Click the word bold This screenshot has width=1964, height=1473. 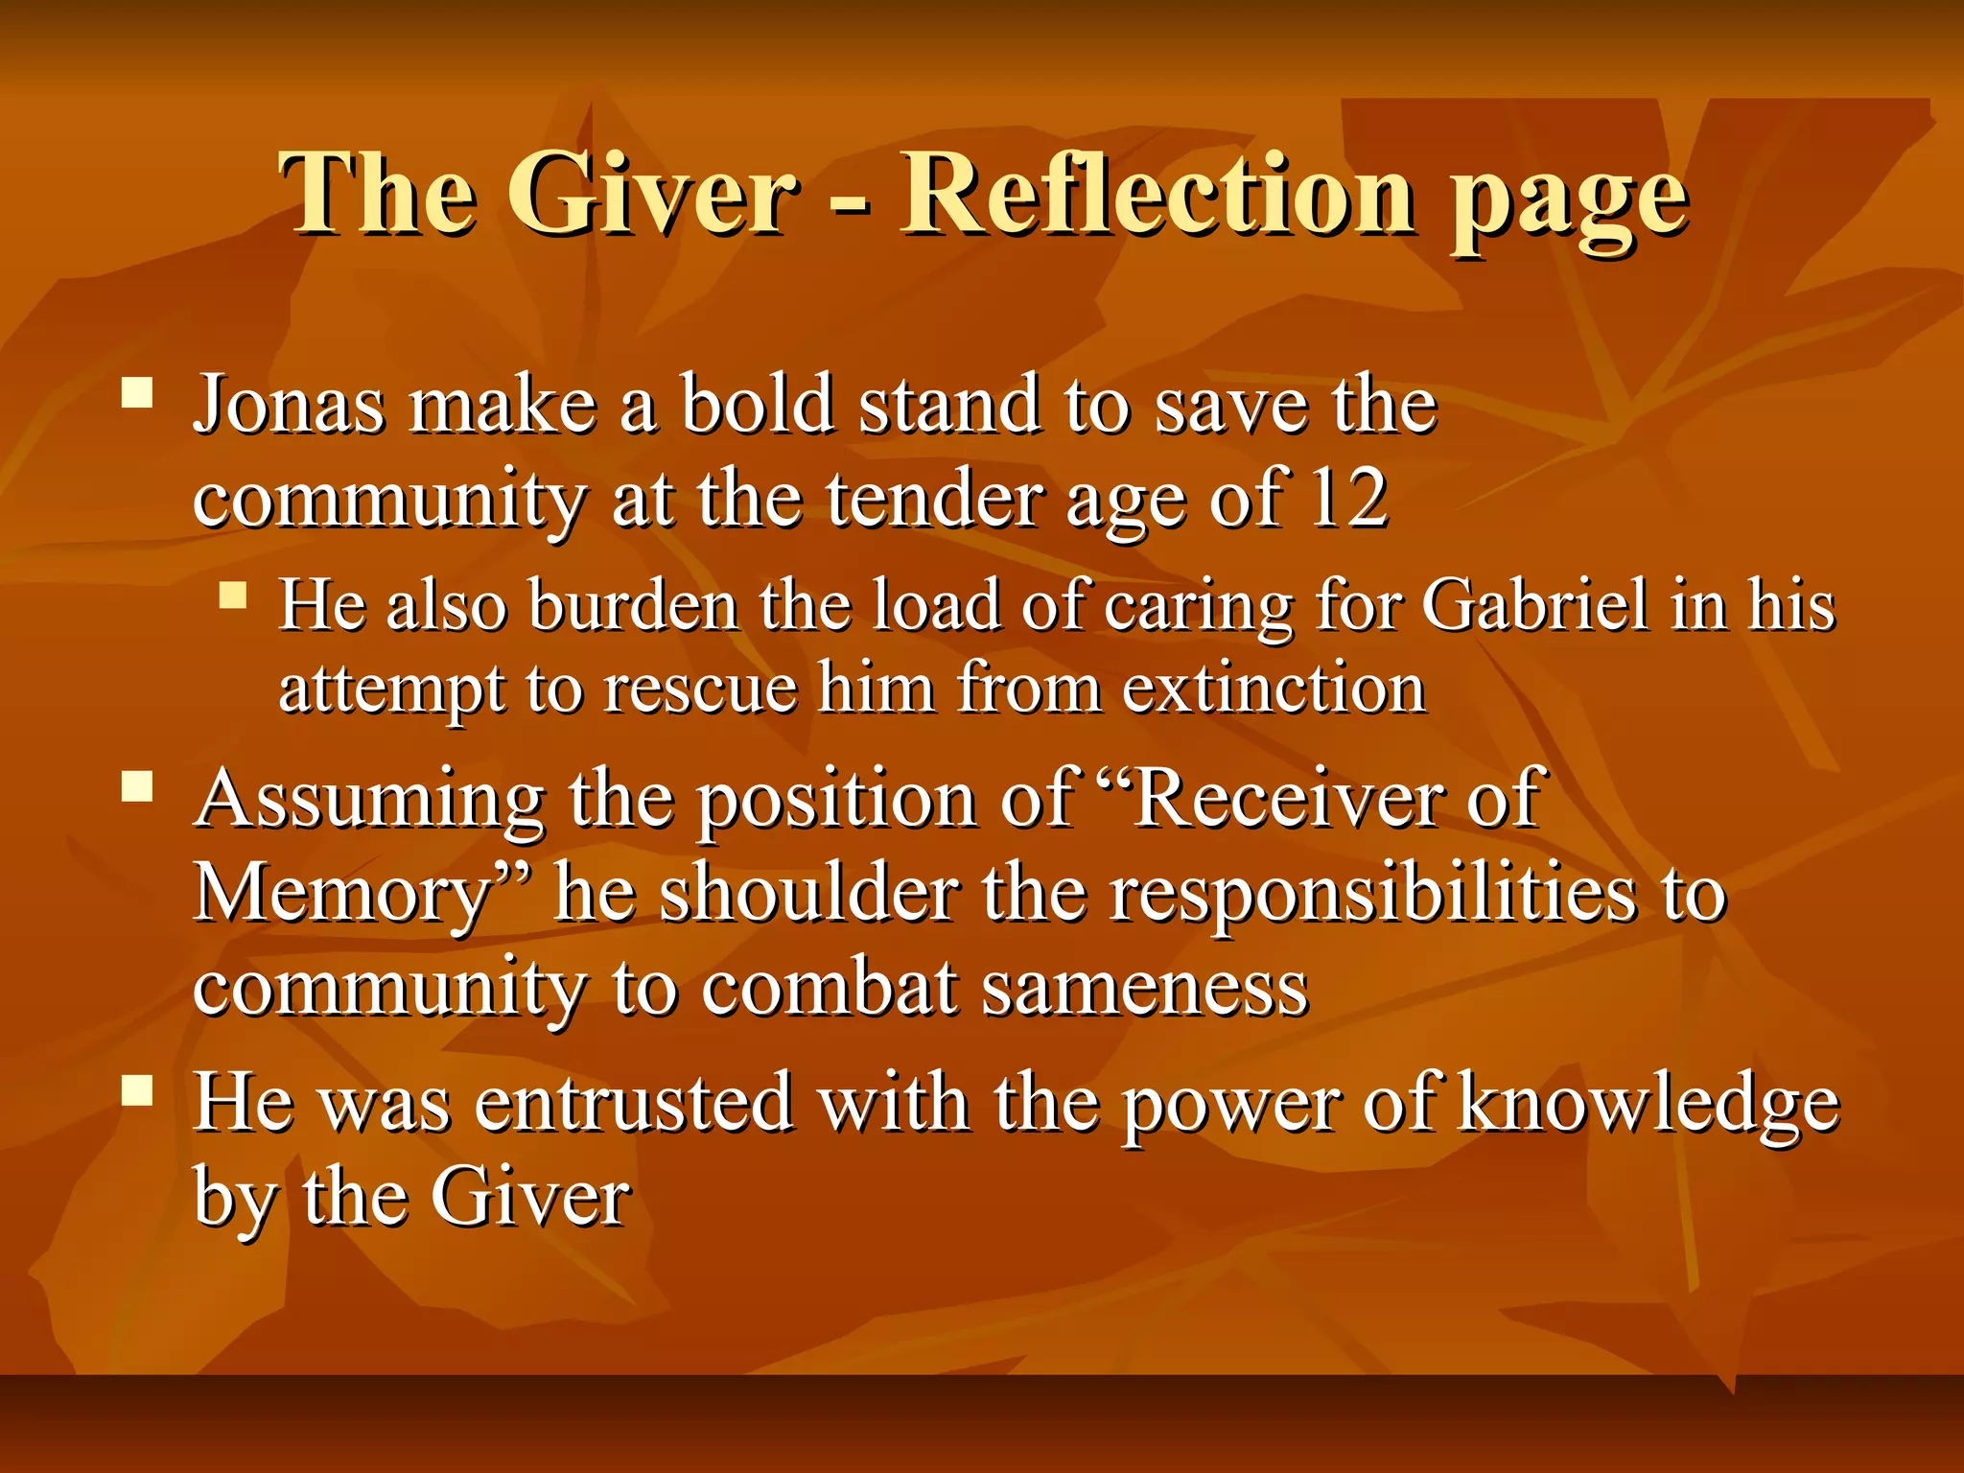757,405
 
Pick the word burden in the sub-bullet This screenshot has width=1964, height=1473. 633,606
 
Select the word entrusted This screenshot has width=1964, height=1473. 634,1103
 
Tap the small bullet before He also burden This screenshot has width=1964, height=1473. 233,596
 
